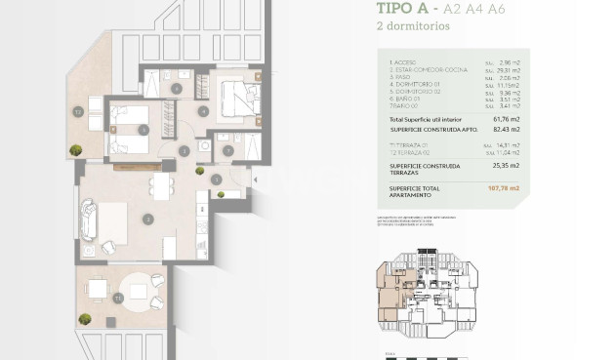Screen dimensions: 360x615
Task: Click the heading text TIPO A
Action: pos(403,11)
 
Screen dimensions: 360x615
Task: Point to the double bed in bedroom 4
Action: pos(237,97)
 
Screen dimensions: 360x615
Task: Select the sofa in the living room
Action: pos(89,220)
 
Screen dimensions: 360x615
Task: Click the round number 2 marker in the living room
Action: pos(147,220)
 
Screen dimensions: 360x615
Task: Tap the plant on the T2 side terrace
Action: pos(75,148)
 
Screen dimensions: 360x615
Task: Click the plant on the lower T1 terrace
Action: pos(85,318)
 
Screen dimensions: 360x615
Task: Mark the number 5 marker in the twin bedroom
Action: pos(143,129)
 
